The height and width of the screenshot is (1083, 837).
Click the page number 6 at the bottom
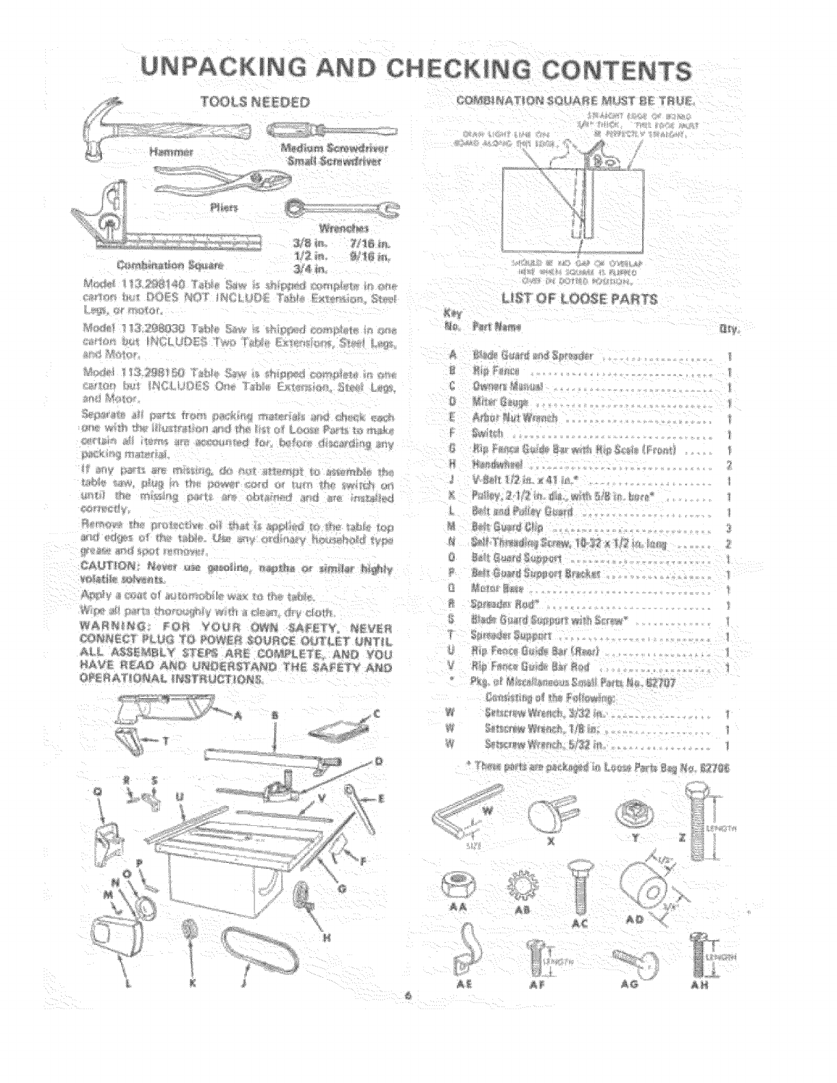[x=407, y=998]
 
